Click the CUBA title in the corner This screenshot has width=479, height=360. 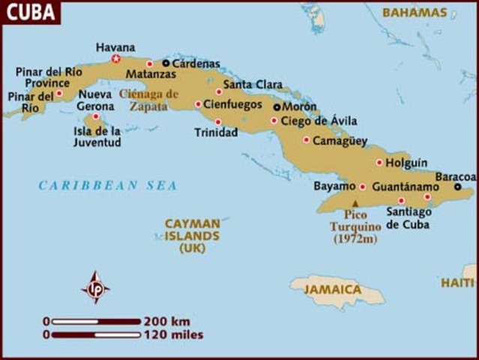point(30,13)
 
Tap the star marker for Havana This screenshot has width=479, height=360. point(115,58)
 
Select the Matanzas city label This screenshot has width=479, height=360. point(151,75)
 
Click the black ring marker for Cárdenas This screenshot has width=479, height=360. point(166,64)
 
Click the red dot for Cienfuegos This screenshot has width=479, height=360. point(198,104)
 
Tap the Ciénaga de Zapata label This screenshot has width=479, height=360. point(149,100)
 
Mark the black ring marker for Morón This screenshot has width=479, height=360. point(277,107)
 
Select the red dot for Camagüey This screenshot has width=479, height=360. point(306,139)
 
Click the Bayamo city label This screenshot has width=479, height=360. point(334,186)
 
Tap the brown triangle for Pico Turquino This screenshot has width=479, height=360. point(355,202)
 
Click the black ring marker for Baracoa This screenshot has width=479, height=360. point(457,187)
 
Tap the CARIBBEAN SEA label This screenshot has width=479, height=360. point(108,185)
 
